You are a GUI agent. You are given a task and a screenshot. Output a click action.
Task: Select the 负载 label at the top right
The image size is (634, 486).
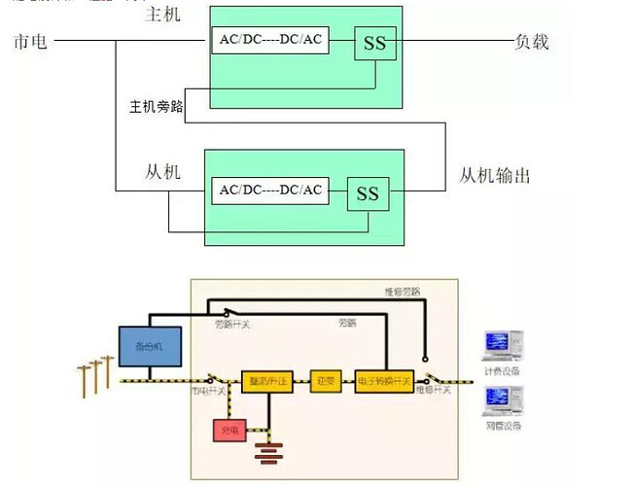click(532, 41)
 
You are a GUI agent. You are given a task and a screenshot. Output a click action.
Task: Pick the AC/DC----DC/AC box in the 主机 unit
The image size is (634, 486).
click(268, 41)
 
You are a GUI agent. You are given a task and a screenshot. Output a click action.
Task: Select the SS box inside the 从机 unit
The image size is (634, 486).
click(367, 194)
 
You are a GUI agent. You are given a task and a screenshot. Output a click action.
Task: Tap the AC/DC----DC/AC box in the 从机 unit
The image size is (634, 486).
click(269, 190)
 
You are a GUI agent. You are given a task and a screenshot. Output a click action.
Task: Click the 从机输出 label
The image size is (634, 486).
click(495, 175)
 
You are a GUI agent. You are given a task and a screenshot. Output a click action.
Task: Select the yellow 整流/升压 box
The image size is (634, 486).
click(267, 381)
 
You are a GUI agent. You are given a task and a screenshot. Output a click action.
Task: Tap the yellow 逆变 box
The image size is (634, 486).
click(325, 381)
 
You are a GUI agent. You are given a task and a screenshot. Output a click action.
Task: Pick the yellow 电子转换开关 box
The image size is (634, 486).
click(384, 381)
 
